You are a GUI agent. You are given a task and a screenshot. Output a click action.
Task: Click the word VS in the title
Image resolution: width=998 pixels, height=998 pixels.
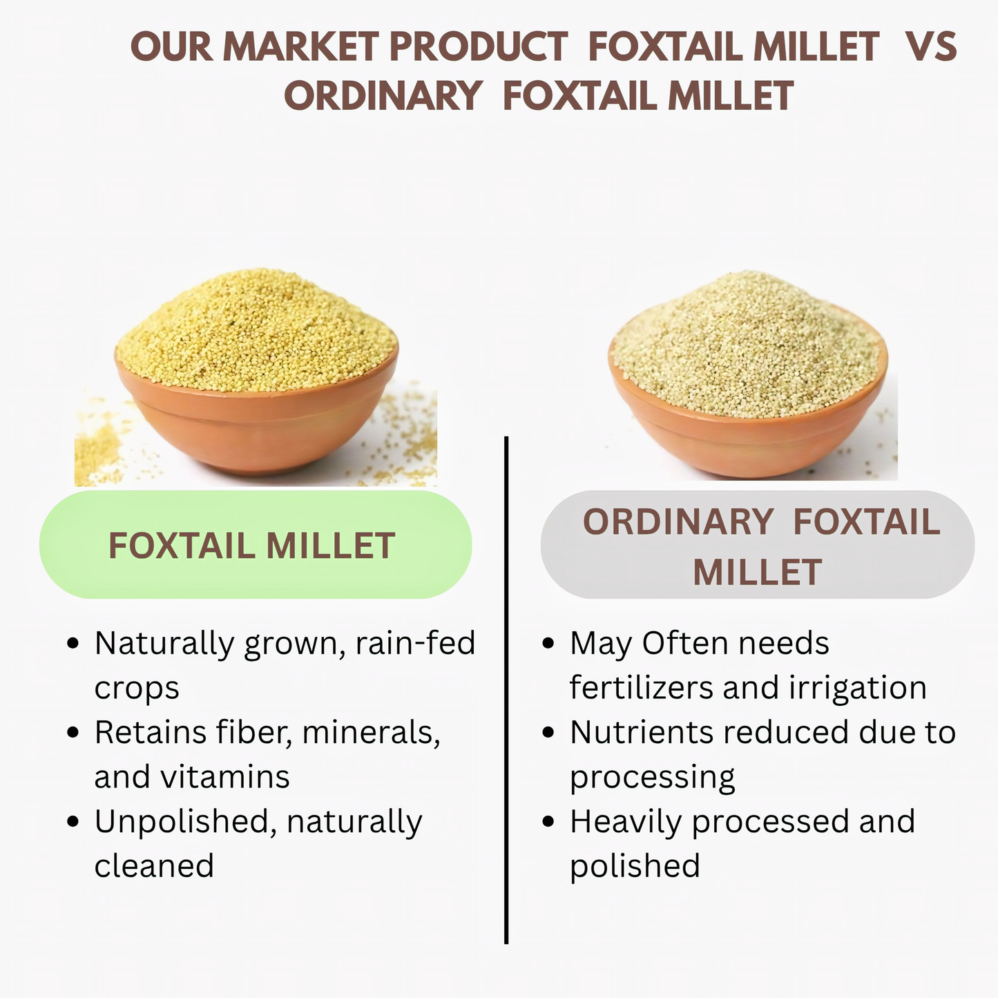pyautogui.click(x=931, y=47)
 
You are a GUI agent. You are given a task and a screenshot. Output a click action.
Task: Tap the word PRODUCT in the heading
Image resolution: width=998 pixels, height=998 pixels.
pyautogui.click(x=478, y=47)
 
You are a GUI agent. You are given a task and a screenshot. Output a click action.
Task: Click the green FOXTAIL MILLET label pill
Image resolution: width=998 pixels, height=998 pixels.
pyautogui.click(x=256, y=545)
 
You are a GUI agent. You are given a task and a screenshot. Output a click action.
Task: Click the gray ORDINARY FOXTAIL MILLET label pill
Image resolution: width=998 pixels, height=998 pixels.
pyautogui.click(x=757, y=545)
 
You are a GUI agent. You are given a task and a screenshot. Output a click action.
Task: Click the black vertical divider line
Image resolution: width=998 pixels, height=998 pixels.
pyautogui.click(x=506, y=691)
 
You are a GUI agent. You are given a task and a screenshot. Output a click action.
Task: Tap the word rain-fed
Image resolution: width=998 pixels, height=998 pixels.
pyautogui.click(x=415, y=644)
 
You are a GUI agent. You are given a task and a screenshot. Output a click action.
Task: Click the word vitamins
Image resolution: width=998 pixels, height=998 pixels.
pyautogui.click(x=225, y=777)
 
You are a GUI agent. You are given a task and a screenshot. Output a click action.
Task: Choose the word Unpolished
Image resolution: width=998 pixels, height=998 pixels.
pyautogui.click(x=181, y=822)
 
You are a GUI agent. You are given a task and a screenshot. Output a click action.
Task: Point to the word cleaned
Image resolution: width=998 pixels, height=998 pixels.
pyautogui.click(x=154, y=866)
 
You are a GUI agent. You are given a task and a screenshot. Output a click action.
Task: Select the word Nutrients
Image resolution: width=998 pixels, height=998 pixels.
pyautogui.click(x=642, y=732)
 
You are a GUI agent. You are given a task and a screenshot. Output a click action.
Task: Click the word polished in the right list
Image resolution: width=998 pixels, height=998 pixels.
pyautogui.click(x=635, y=866)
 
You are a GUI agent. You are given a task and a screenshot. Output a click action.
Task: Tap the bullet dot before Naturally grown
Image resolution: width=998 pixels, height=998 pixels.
pyautogui.click(x=73, y=644)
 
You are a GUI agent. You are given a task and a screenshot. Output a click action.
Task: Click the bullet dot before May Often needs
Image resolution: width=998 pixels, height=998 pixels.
pyautogui.click(x=548, y=644)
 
